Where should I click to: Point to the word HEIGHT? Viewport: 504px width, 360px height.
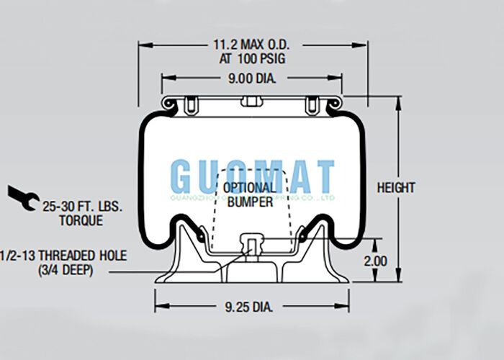pyautogui.click(x=396, y=188)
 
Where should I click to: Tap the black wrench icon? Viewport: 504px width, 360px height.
pyautogui.click(x=22, y=197)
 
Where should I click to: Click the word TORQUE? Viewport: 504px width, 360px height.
pyautogui.click(x=81, y=221)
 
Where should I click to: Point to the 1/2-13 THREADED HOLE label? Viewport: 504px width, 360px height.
pyautogui.click(x=65, y=255)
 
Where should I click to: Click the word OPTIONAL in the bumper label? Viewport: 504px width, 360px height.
pyautogui.click(x=249, y=189)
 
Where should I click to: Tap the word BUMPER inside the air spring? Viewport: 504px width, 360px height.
pyautogui.click(x=250, y=202)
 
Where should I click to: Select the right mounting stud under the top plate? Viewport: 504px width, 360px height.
pyautogui.click(x=312, y=106)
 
